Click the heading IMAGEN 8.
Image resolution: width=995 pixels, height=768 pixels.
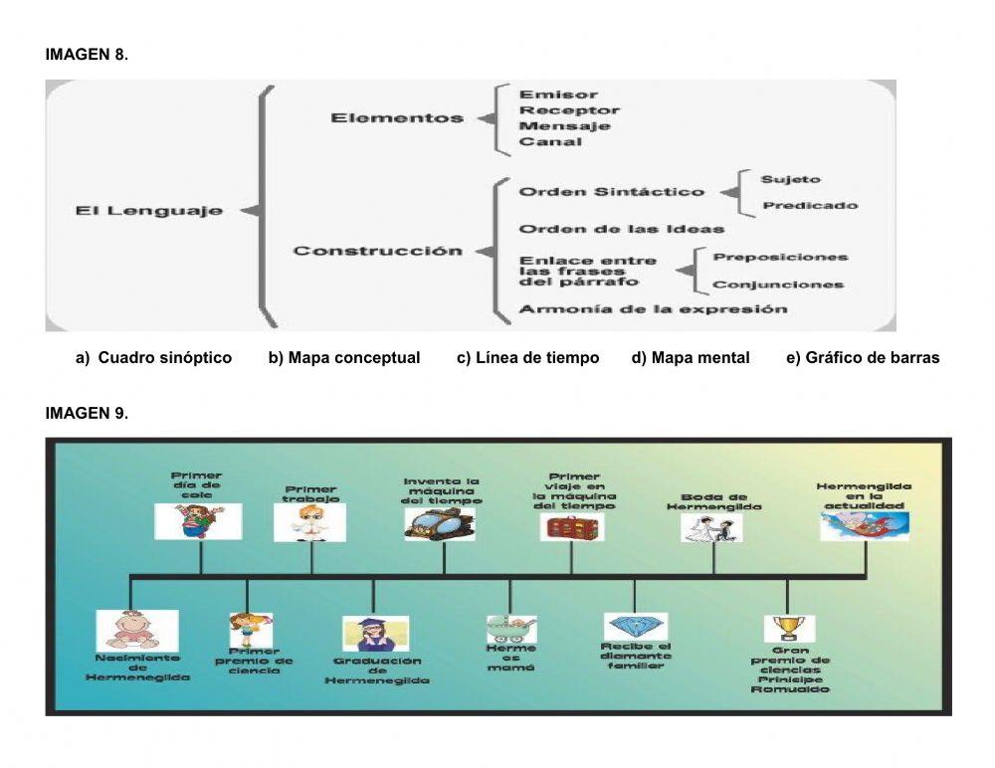tap(87, 56)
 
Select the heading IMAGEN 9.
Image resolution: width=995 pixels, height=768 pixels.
tap(87, 413)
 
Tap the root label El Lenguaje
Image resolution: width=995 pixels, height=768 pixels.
tap(149, 211)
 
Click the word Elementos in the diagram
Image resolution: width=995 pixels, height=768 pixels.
tap(397, 118)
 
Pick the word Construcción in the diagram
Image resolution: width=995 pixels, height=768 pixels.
tap(377, 251)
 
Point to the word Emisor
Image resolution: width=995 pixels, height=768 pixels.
tap(558, 95)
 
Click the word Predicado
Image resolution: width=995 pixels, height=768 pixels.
tap(809, 206)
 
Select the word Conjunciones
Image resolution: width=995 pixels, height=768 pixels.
tap(778, 286)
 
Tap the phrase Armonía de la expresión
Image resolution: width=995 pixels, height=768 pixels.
tap(653, 309)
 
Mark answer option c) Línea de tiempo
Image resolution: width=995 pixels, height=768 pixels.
tap(527, 358)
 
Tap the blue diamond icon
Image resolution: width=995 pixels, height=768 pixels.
tap(635, 627)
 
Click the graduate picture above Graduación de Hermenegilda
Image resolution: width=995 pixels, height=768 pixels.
tap(375, 634)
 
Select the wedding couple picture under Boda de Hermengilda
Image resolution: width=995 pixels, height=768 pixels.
tap(711, 527)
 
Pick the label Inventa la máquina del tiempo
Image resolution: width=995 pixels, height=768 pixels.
tap(442, 491)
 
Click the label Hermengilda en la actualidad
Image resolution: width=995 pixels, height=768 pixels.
tap(864, 495)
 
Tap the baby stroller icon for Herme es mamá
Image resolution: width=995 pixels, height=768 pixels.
tap(510, 629)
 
